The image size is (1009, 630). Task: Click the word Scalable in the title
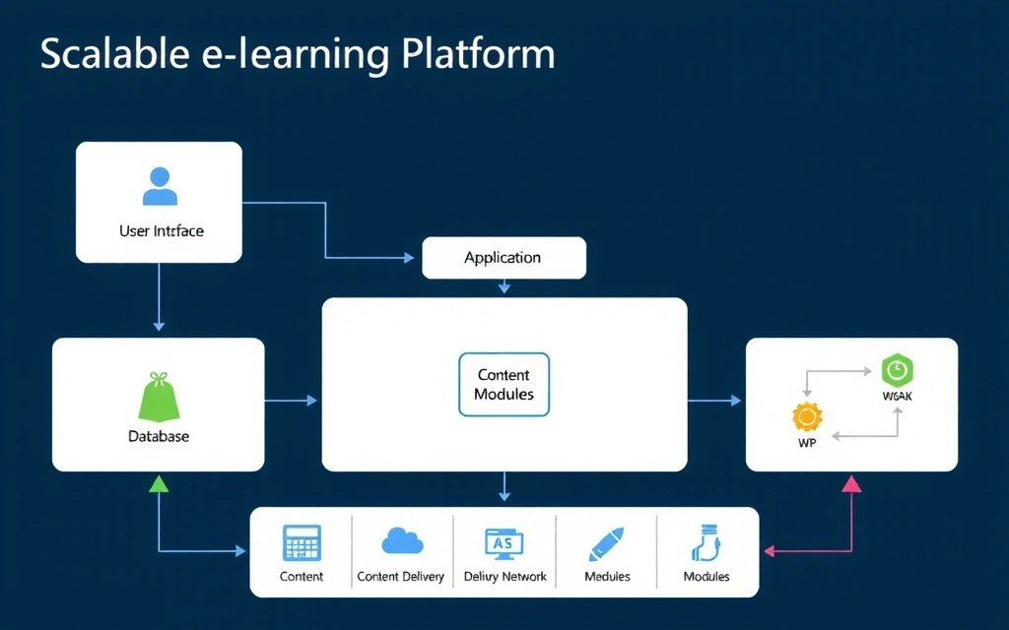click(109, 54)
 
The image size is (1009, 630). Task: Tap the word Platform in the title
click(478, 54)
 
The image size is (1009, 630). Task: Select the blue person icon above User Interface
click(160, 186)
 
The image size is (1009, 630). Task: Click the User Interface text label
click(161, 231)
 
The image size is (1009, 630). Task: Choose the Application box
click(504, 258)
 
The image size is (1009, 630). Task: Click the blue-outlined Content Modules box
click(504, 385)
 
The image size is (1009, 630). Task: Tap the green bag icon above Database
click(158, 397)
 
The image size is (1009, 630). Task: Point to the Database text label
click(158, 436)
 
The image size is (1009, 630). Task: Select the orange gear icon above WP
click(807, 417)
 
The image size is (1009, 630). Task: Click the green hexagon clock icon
click(897, 370)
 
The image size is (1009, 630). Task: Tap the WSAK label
click(898, 397)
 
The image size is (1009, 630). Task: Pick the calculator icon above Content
click(302, 543)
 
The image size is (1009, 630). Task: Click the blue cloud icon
click(401, 540)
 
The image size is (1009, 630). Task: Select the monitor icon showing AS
click(504, 542)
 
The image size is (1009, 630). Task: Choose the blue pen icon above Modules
click(606, 543)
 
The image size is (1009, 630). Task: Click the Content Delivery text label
click(400, 577)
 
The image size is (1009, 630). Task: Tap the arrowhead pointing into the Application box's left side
click(409, 258)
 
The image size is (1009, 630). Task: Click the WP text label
click(807, 443)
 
